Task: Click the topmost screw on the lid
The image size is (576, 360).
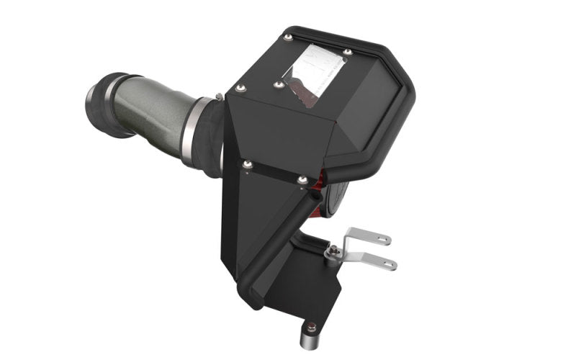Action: (287, 37)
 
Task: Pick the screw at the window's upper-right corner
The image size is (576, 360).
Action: (347, 51)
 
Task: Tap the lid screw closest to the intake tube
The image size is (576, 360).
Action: (240, 88)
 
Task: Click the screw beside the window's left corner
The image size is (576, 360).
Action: (278, 84)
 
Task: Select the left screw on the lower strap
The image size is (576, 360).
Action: (248, 166)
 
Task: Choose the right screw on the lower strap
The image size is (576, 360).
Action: (302, 179)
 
